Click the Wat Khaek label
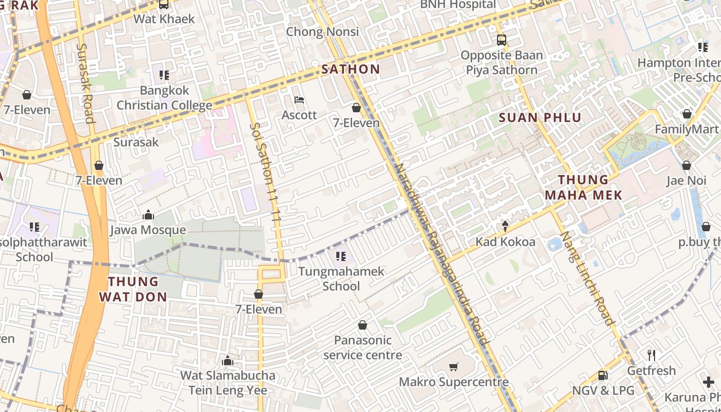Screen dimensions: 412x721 point(164,19)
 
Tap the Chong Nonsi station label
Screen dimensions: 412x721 point(322,32)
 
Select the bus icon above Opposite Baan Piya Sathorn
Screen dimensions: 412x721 point(501,40)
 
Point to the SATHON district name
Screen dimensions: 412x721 point(351,69)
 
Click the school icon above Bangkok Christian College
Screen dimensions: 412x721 point(164,75)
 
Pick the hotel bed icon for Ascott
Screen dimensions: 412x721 point(299,100)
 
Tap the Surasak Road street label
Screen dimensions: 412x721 point(85,82)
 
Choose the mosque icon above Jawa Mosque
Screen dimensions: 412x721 point(148,215)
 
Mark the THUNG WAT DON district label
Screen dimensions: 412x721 point(133,289)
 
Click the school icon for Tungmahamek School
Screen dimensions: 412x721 point(340,256)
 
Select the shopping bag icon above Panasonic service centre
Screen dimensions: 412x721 point(363,325)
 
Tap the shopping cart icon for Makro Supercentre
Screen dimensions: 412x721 point(454,367)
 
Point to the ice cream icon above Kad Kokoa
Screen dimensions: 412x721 point(505,226)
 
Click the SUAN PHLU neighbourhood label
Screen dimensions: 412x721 point(540,118)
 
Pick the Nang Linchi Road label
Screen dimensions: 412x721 point(587,278)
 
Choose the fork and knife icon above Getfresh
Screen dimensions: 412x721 point(651,355)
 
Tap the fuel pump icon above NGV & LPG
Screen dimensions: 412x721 point(603,375)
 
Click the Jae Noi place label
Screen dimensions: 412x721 point(686,181)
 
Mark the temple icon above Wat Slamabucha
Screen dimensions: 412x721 point(227,360)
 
